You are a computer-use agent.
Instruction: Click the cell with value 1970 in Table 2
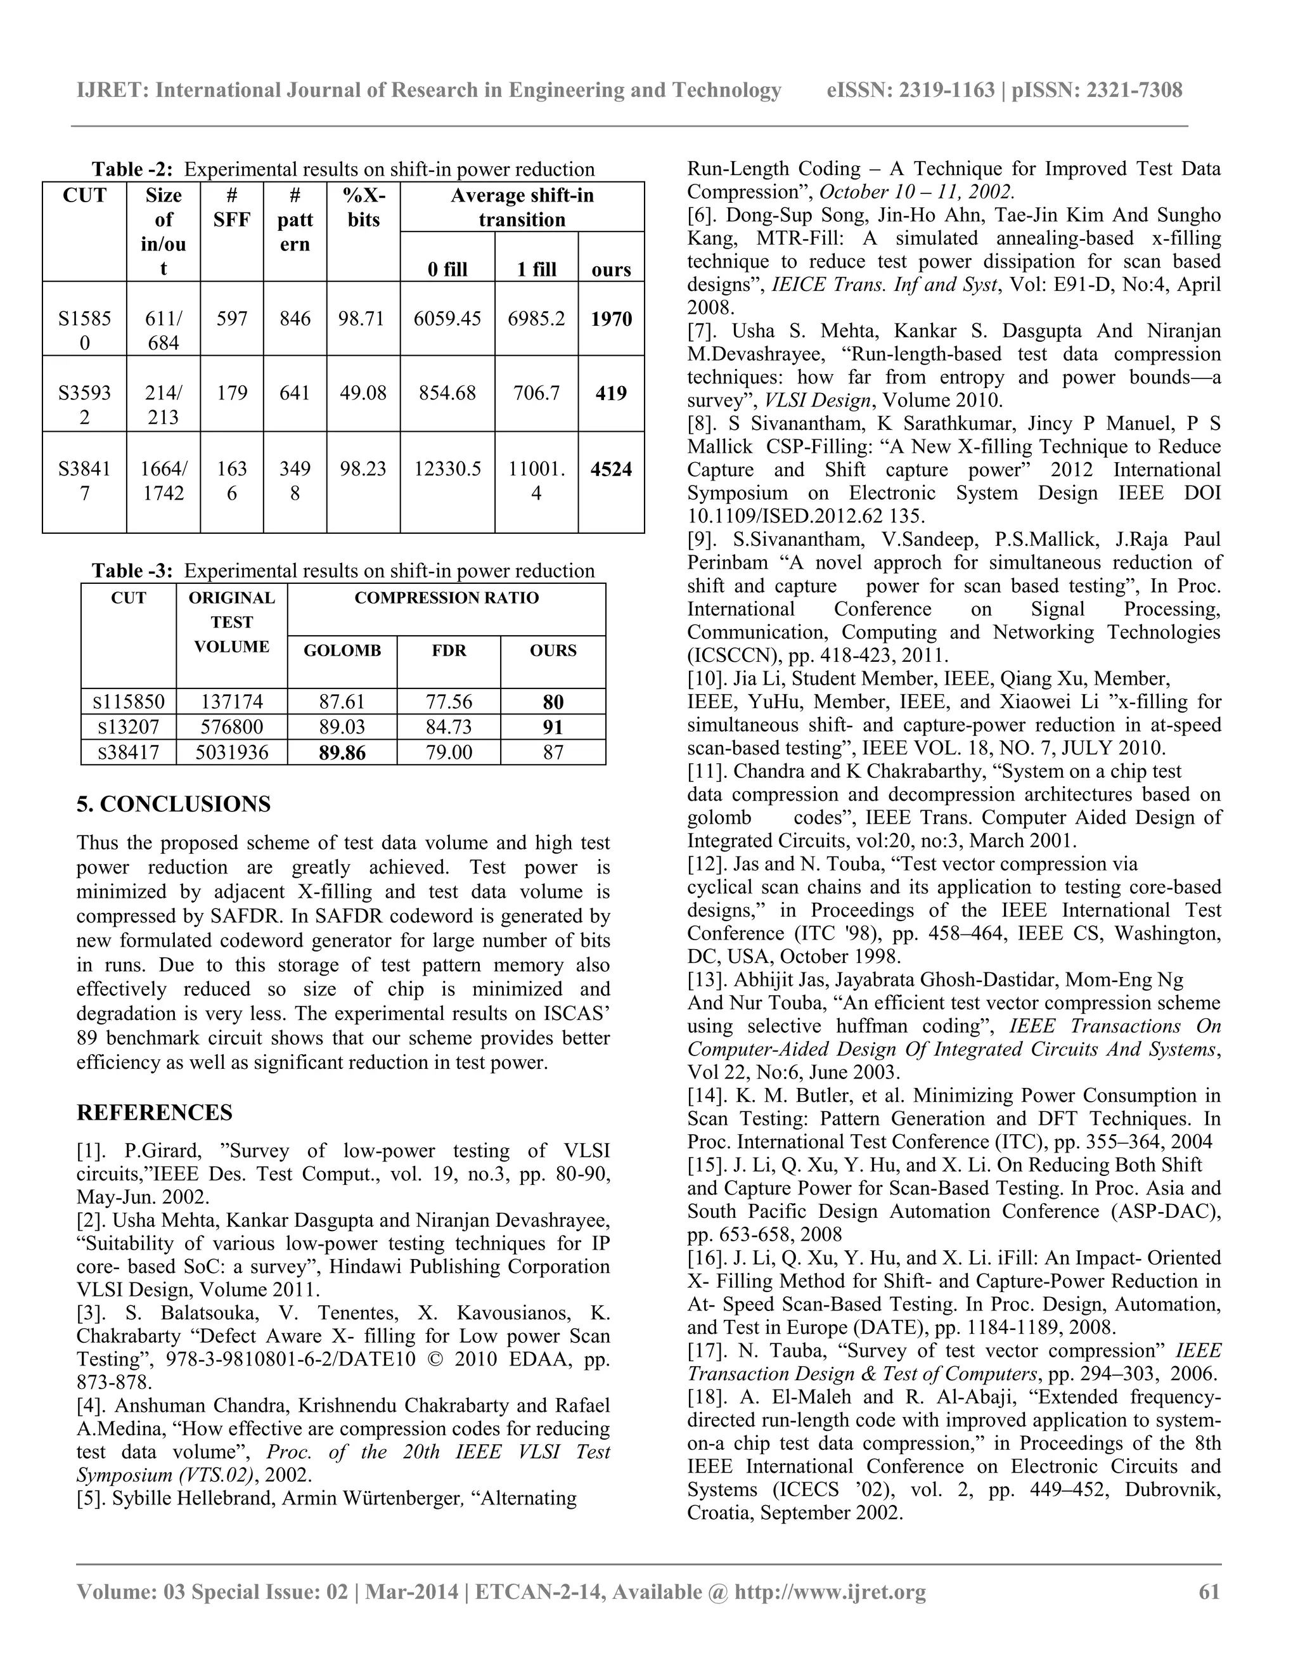click(x=612, y=318)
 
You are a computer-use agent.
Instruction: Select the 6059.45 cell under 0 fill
click(x=447, y=318)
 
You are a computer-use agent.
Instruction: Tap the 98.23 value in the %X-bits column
click(x=363, y=469)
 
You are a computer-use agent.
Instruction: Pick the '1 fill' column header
click(x=536, y=269)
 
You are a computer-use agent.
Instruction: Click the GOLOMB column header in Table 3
click(x=342, y=651)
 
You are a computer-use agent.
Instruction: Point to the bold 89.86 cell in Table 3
click(x=342, y=753)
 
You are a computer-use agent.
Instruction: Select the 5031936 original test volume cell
click(x=231, y=753)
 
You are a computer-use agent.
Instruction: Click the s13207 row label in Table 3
click(x=129, y=727)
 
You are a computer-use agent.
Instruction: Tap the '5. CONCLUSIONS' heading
click(x=174, y=804)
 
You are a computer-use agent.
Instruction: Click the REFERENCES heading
click(x=155, y=1113)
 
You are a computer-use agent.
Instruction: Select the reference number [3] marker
click(x=91, y=1313)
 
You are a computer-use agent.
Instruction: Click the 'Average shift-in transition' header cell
click(x=522, y=207)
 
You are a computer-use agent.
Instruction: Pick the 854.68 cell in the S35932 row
click(x=447, y=393)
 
